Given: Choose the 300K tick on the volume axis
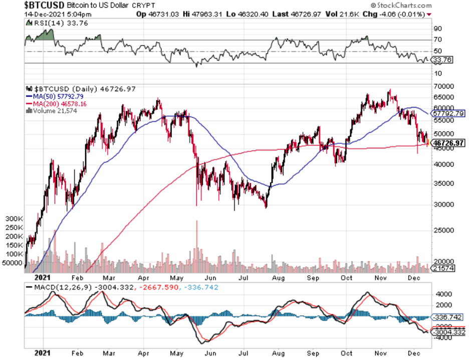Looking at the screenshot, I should (14, 219).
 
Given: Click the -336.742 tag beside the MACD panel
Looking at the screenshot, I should (448, 317).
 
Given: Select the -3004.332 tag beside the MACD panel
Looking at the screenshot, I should (449, 332).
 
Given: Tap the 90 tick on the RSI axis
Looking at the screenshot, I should (437, 29).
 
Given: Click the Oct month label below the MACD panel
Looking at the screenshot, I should (346, 354).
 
